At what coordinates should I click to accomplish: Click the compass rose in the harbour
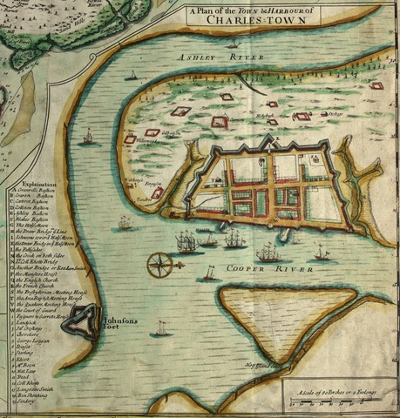click(x=160, y=263)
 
